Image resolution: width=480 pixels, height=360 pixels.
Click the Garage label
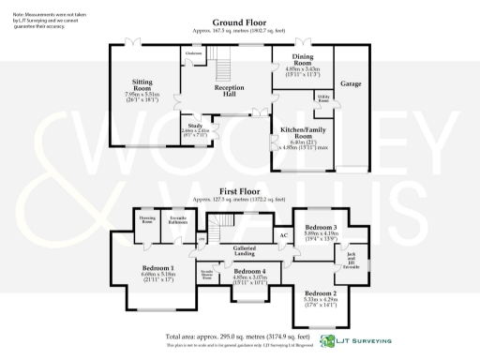pos(351,83)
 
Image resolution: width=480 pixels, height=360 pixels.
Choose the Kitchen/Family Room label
pos(302,134)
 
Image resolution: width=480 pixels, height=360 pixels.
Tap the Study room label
pos(195,125)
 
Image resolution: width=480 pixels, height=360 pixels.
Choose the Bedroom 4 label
pos(249,270)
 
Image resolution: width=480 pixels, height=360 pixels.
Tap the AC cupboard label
pos(283,234)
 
